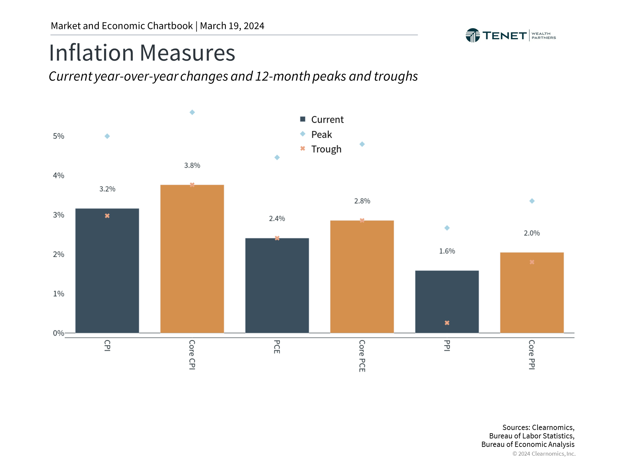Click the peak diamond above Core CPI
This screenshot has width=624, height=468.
pos(192,112)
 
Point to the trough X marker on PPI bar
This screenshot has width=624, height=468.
pos(447,323)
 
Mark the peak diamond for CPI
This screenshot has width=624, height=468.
pos(107,136)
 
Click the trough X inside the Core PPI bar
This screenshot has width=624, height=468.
pos(532,262)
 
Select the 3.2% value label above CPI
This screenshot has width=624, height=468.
pos(107,189)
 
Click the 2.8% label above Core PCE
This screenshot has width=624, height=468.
pos(362,201)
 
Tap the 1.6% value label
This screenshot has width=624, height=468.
pos(447,251)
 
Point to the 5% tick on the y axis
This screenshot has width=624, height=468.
pos(58,136)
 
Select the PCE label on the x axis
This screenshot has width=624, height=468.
pos(277,347)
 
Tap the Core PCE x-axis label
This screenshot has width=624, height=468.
pos(362,356)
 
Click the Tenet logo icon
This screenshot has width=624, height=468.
pos(473,35)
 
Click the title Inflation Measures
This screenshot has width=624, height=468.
pos(142,53)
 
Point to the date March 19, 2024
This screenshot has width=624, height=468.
pos(232,26)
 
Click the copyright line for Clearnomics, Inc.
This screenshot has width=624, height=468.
pos(544,454)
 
